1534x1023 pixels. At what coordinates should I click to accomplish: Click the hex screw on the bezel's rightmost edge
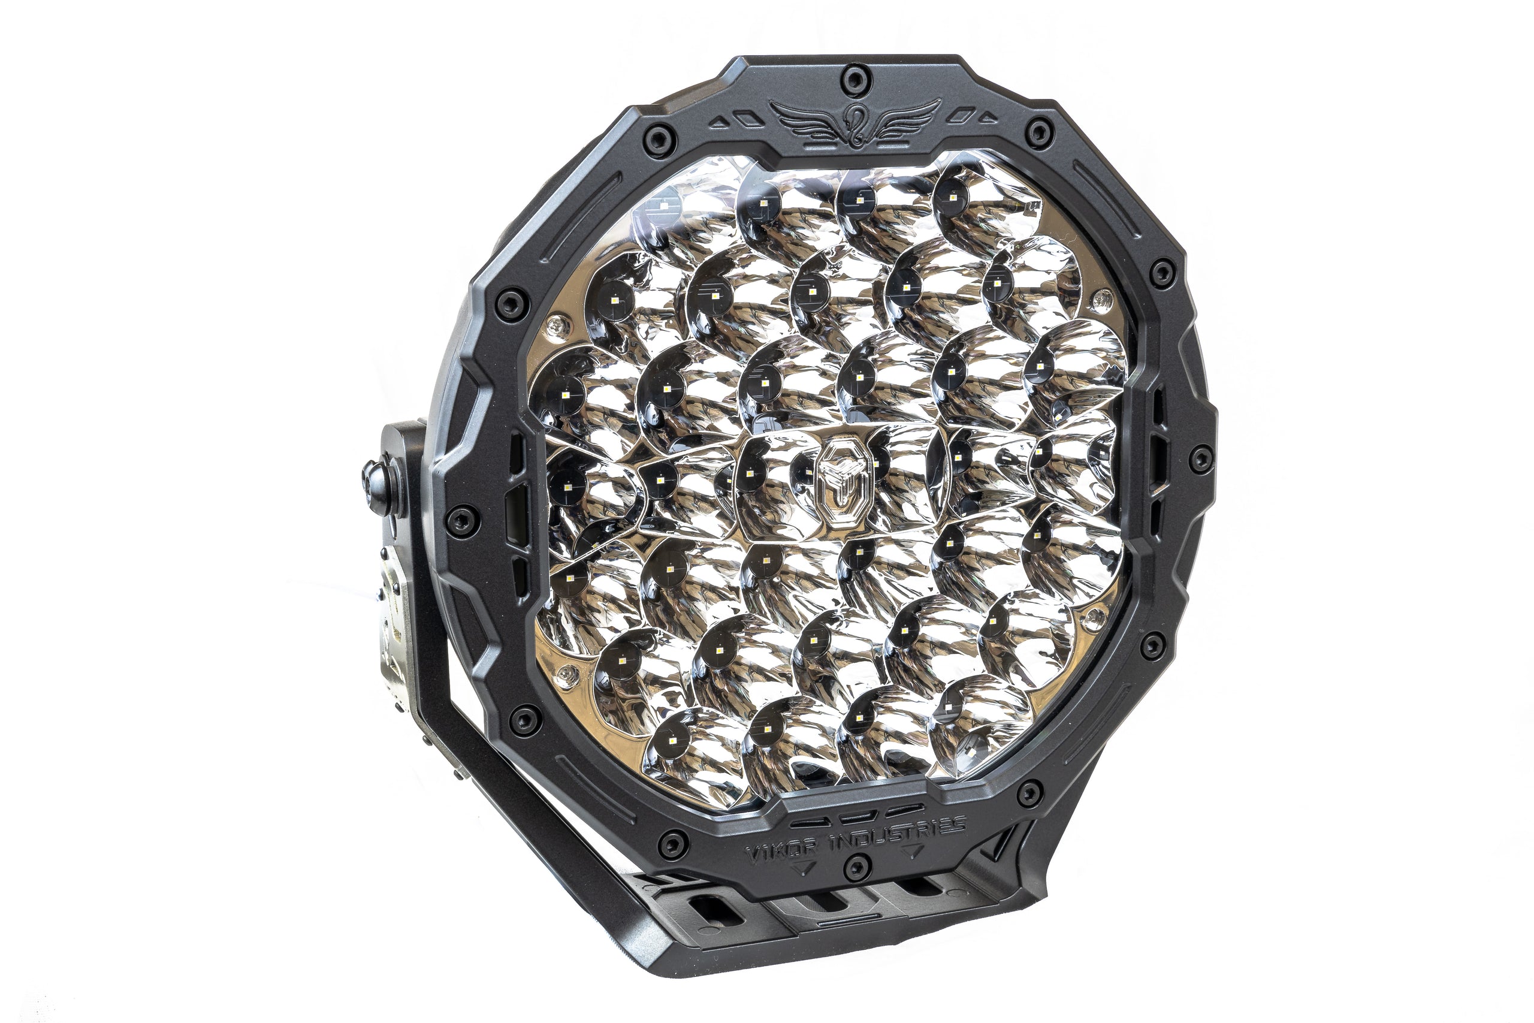(1200, 458)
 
